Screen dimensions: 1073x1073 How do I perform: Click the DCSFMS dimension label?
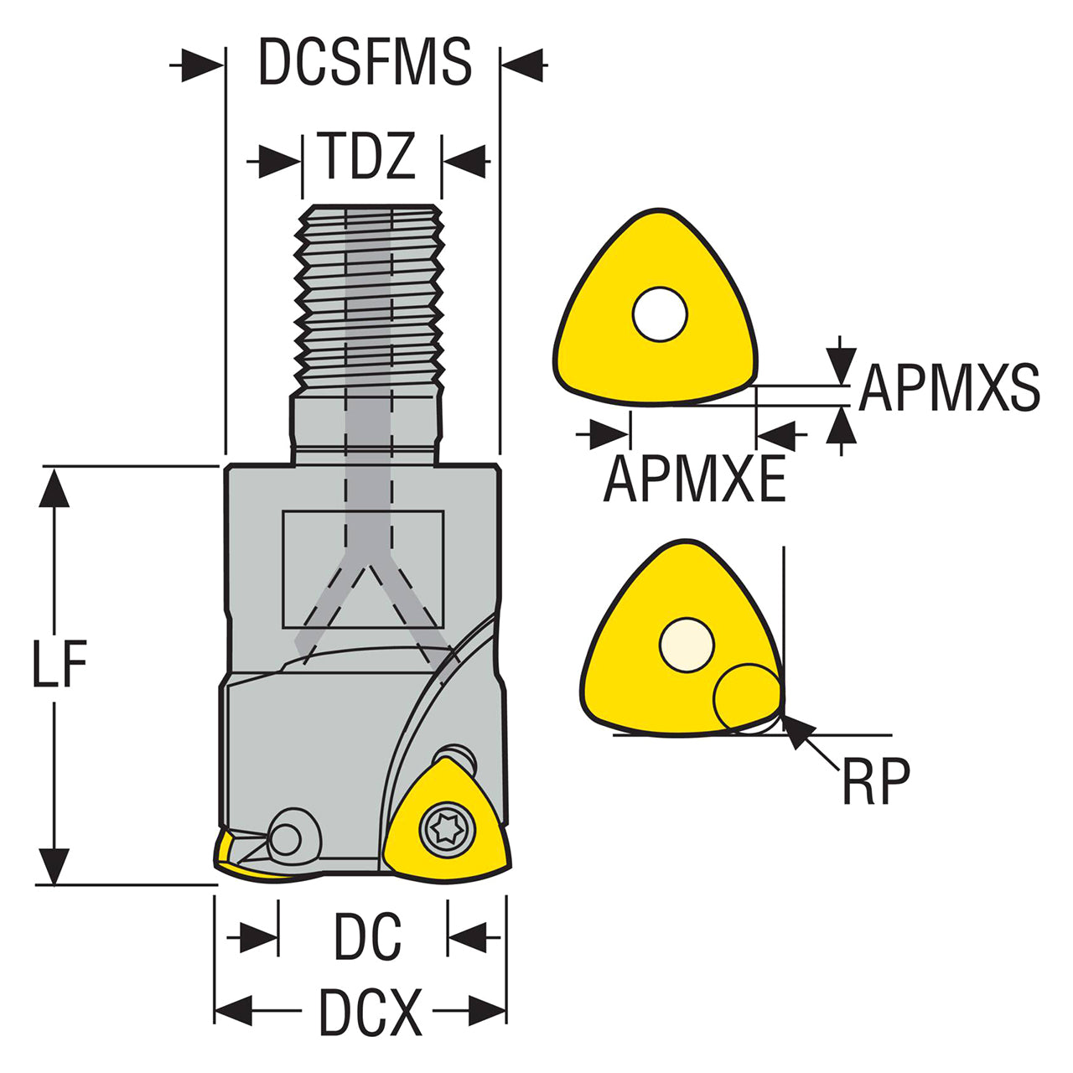[365, 62]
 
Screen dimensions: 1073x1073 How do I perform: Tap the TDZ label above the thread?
[370, 155]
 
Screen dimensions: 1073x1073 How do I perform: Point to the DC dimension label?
[367, 936]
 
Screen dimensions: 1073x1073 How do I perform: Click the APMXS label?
[949, 387]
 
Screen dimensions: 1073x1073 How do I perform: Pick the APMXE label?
[694, 479]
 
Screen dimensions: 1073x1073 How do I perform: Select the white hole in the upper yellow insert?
[660, 314]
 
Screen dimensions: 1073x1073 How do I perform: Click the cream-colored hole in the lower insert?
[687, 645]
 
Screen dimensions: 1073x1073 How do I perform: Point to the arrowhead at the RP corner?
[796, 729]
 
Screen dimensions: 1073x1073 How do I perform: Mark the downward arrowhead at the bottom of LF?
[54, 866]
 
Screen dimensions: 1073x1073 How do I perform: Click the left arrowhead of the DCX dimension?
[234, 1011]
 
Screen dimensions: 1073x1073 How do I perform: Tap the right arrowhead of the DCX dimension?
[487, 1011]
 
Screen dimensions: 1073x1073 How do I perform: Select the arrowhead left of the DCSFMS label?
[203, 65]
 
